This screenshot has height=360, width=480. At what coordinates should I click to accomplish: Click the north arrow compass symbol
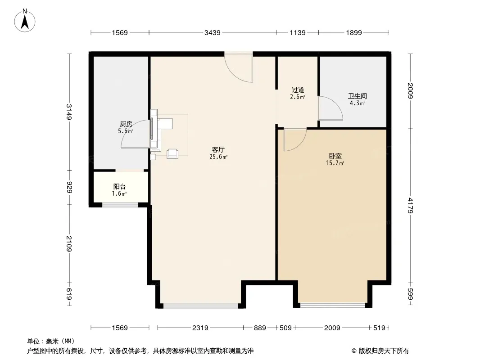[25, 21]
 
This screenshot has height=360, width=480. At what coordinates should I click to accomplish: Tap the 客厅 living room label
[218, 149]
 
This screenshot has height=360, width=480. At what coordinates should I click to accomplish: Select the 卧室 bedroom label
[335, 156]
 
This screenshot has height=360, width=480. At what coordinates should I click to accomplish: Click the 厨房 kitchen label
[126, 124]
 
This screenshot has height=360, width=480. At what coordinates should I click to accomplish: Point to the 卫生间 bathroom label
[357, 96]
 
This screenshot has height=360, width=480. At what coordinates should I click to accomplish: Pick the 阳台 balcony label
[119, 187]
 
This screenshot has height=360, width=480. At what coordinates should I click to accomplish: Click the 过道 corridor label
[298, 90]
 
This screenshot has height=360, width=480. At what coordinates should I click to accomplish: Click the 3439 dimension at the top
[213, 32]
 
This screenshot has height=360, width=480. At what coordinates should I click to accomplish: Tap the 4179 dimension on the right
[411, 206]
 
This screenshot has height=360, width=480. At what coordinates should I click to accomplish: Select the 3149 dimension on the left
[69, 112]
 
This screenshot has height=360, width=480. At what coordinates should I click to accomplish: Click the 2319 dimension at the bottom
[200, 328]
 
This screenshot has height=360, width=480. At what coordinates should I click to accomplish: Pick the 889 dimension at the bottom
[260, 328]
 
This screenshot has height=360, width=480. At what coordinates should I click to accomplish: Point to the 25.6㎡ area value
[218, 157]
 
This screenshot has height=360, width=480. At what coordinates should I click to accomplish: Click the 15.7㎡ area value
[335, 163]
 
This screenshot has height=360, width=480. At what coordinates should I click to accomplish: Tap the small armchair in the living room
[172, 153]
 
